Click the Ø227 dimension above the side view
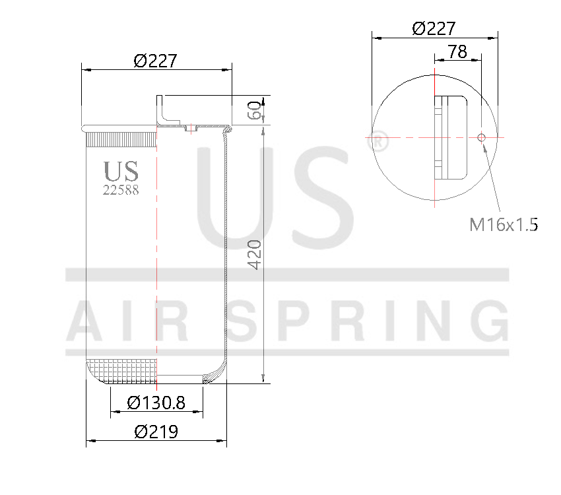[155, 61]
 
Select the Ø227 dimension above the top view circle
[434, 28]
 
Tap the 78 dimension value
[457, 52]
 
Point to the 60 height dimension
[253, 110]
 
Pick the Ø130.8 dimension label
[156, 402]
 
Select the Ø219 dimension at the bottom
[156, 432]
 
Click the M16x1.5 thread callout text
[504, 224]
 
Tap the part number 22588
[121, 190]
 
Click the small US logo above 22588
[121, 171]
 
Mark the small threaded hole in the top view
[481, 137]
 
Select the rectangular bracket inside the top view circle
[451, 137]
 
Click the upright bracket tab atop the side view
[160, 110]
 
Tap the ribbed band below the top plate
[121, 139]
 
